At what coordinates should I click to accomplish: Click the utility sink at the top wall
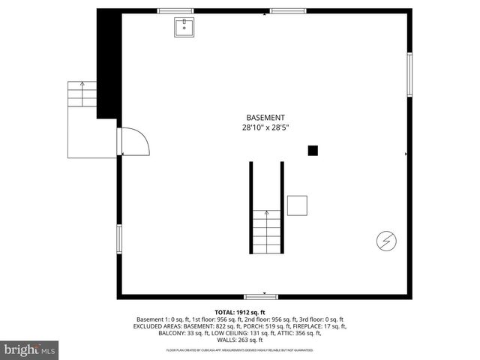coord(184,28)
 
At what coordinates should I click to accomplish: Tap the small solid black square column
coord(313,151)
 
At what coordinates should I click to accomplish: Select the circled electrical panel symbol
coord(386,241)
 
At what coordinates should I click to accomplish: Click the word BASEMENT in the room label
coord(265,118)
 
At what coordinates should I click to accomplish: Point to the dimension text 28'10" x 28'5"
coord(265,128)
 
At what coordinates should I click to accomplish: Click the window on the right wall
coord(409,74)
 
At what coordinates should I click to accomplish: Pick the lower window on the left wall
coord(118,239)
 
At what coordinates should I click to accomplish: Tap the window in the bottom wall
coord(265,296)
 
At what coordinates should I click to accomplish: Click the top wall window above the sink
coord(175,10)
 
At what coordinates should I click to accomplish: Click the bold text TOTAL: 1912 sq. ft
coord(240,312)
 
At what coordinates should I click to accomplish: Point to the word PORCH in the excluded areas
coord(254,326)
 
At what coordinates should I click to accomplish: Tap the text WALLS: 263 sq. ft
coord(240,340)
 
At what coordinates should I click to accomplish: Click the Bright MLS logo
coord(30,349)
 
